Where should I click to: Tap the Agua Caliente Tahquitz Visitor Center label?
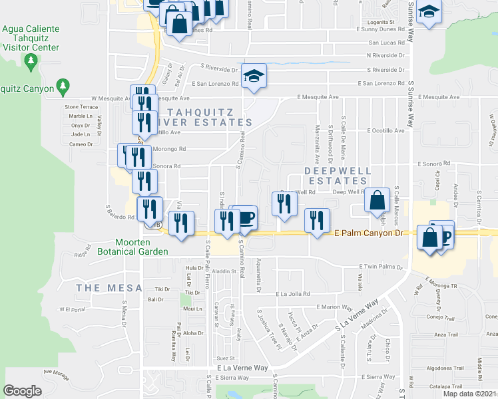click(x=31, y=39)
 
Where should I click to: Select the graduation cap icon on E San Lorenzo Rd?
click(x=254, y=76)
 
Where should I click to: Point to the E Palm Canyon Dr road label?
click(x=369, y=233)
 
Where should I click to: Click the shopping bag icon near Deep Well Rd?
click(x=377, y=199)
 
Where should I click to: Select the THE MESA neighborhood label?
click(x=109, y=287)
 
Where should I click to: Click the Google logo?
click(x=22, y=390)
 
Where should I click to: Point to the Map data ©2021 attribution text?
click(x=470, y=394)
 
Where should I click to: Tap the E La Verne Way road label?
click(x=242, y=368)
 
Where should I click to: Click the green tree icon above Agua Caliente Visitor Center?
click(x=30, y=62)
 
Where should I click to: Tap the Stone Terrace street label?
click(x=81, y=106)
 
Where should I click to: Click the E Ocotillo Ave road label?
click(x=385, y=131)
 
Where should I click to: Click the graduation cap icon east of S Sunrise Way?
click(x=430, y=13)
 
